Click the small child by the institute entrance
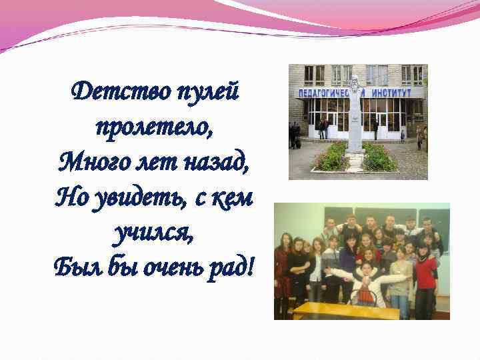point(403,135)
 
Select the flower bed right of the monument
point(380,159)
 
